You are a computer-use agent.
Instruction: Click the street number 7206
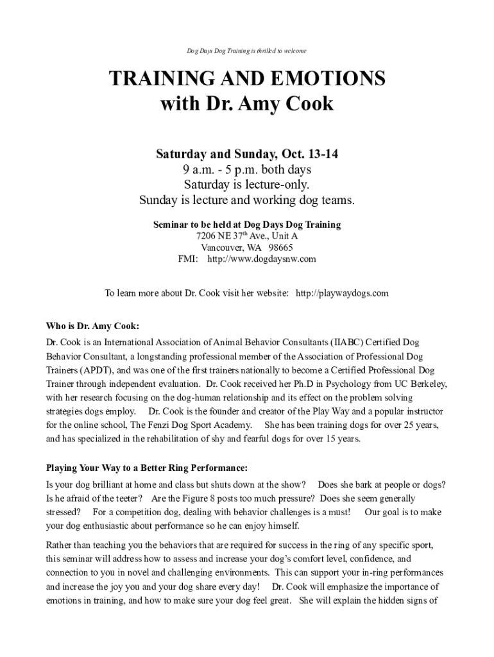point(209,236)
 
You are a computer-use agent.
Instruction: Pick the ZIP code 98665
point(280,248)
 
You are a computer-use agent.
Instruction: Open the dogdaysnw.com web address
point(262,259)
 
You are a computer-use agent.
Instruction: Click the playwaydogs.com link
point(342,293)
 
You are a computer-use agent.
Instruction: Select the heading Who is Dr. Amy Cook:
point(92,325)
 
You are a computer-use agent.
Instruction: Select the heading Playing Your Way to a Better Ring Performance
point(146,467)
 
